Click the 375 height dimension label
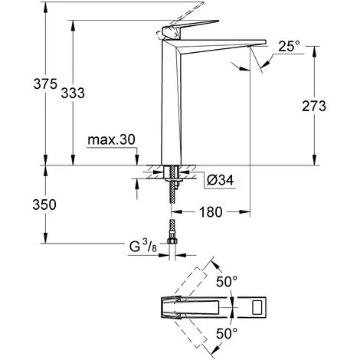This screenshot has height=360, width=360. coord(45,84)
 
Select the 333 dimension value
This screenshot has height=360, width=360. coord(73,93)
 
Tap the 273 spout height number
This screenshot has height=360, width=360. coord(314,106)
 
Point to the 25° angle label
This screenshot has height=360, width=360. coord(289,46)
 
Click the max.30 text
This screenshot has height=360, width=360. coord(111,140)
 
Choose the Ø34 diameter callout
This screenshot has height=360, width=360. coord(220,181)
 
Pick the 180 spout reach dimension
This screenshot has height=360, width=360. coord(211,212)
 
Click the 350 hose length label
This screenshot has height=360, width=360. coord(44,205)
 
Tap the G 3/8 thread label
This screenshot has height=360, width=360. coord(143,246)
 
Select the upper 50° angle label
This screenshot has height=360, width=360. coord(227,282)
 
